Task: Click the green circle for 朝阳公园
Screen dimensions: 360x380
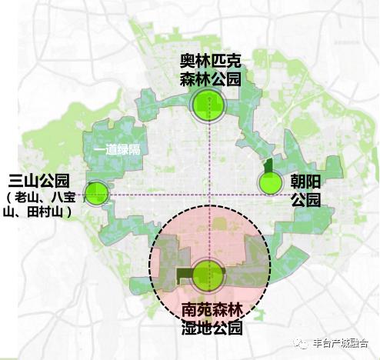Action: coord(270,183)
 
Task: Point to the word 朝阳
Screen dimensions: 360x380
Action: coord(305,182)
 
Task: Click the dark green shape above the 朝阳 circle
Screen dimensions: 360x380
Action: coord(268,166)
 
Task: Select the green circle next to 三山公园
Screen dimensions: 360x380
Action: coord(96,192)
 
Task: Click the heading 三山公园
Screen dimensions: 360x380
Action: coord(38,182)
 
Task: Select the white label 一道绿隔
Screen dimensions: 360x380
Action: coord(116,150)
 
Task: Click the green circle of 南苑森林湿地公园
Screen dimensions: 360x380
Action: coord(208,273)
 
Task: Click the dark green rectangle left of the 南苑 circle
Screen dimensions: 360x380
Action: coord(184,273)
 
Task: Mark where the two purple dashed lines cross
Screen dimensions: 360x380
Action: coord(208,195)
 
